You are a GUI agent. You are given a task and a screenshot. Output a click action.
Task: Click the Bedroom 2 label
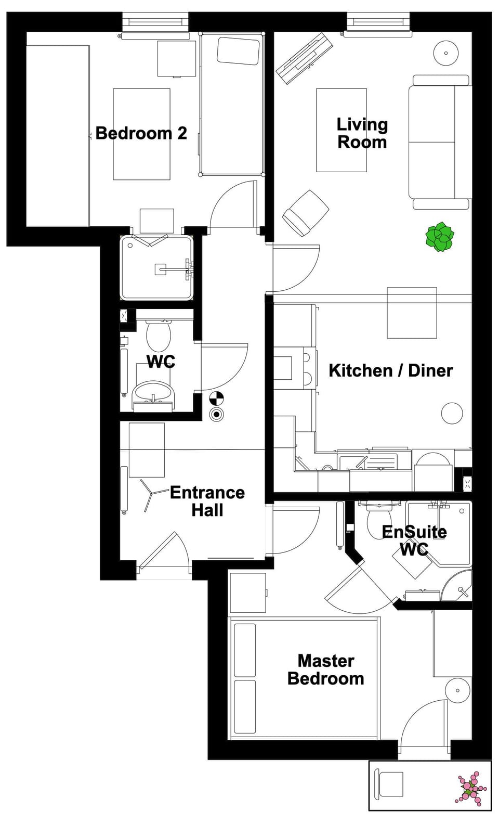click(141, 133)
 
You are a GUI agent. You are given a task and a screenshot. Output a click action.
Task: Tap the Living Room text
click(362, 133)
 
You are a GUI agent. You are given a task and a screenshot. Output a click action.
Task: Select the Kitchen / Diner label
click(390, 370)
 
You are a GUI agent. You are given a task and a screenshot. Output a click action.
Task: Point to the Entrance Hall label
click(207, 501)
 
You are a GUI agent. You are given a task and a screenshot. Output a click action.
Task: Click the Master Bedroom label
click(326, 670)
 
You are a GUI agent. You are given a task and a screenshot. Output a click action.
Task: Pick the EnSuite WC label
click(414, 540)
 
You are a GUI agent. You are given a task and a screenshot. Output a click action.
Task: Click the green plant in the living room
click(440, 237)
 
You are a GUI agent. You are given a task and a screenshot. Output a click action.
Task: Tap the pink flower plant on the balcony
click(471, 789)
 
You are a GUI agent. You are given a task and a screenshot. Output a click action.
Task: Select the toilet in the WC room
click(159, 336)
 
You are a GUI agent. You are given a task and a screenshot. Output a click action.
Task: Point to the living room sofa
click(439, 142)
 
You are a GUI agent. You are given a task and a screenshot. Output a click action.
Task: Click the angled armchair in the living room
click(306, 212)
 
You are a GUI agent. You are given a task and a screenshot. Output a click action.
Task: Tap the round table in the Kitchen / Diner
click(452, 414)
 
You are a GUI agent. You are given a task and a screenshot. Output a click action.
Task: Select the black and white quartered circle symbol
click(216, 399)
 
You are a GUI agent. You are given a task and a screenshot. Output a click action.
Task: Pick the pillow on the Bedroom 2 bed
click(238, 51)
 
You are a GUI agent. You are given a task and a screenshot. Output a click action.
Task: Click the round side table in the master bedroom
click(458, 690)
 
